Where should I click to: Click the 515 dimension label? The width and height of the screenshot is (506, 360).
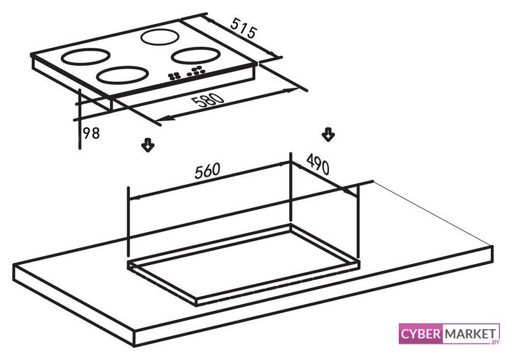coord(244,28)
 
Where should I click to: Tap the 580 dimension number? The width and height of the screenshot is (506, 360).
coord(207,101)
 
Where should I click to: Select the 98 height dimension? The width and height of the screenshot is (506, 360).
coord(92,133)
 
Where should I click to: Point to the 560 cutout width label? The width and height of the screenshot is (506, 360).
coord(207,170)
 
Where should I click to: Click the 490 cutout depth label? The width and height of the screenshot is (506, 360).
coord(318,164)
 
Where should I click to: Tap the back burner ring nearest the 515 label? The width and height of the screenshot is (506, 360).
coord(160,31)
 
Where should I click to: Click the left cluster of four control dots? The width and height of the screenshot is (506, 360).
coord(174,76)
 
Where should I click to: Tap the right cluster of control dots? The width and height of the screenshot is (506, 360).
coord(196,70)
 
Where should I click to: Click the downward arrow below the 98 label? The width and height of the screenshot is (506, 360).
coord(148,145)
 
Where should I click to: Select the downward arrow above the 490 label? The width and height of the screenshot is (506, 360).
coord(328,134)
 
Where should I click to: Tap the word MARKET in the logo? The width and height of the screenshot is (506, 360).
coord(470,334)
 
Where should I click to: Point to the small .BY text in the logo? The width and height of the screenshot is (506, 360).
coord(495,342)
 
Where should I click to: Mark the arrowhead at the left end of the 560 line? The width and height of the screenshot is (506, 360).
coord(135,197)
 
